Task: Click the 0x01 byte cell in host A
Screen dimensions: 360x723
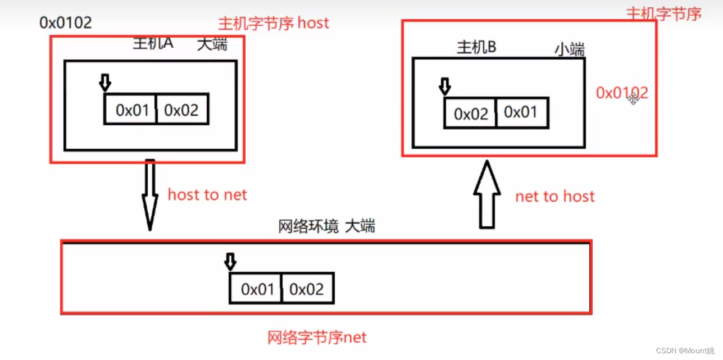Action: pos(130,110)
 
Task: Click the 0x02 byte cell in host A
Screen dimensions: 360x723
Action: pos(182,110)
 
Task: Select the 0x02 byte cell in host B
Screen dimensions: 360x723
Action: pos(470,113)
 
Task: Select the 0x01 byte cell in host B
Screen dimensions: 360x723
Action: pos(521,112)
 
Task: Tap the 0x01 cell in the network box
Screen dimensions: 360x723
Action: pos(256,289)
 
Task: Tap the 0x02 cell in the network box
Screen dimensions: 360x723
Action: pos(307,289)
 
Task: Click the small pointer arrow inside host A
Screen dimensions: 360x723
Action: pos(104,83)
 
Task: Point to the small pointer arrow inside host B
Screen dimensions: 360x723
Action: pos(444,86)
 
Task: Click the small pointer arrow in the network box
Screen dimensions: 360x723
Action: pos(230,261)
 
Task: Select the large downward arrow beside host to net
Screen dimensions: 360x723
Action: pos(150,194)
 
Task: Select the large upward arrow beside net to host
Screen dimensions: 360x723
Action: pos(487,194)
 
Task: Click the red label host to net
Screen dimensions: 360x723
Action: pos(207,195)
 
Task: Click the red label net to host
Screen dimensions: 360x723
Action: pos(554,196)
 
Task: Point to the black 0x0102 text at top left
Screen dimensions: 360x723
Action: pos(65,22)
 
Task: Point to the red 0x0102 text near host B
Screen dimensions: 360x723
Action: pos(621,93)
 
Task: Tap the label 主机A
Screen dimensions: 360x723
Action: pos(153,43)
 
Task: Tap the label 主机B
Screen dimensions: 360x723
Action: pos(476,47)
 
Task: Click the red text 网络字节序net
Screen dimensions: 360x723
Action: pos(317,338)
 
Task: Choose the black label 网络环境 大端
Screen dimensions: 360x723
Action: pos(326,226)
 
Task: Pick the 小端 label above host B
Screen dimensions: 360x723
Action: pos(569,49)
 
